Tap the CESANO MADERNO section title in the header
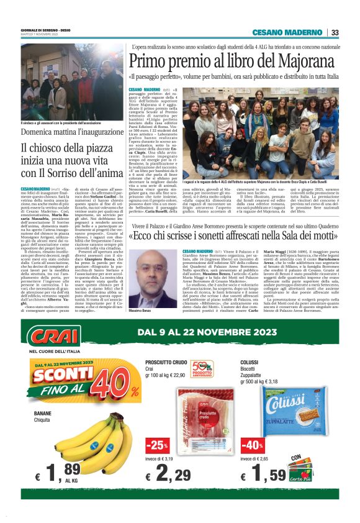pyautogui.click(x=288, y=32)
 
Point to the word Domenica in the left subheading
pyautogui.click(x=40, y=133)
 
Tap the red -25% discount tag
pyautogui.click(x=157, y=445)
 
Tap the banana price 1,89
pyautogui.click(x=55, y=475)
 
